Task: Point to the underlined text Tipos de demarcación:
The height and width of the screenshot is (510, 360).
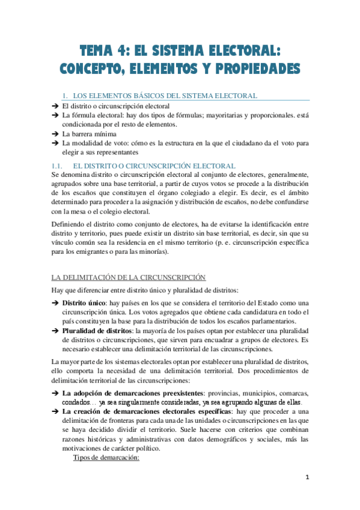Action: point(106,458)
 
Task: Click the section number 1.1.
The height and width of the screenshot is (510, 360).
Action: point(58,165)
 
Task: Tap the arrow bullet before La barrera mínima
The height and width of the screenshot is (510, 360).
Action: point(55,134)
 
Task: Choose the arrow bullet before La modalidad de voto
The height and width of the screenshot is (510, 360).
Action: point(55,144)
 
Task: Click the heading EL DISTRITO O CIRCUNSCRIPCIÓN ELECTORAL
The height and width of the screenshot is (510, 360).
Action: point(154,165)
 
